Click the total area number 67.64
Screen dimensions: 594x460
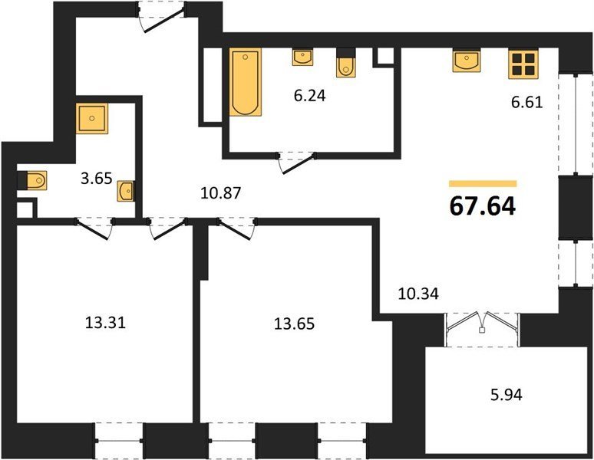click(483, 206)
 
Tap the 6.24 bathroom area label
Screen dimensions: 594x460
click(309, 96)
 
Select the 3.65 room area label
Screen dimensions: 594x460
click(97, 178)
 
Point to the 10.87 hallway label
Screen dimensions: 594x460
click(221, 193)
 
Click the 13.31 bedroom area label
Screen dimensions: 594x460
click(105, 323)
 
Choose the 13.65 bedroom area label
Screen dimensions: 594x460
click(294, 324)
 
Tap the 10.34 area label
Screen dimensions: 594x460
click(418, 293)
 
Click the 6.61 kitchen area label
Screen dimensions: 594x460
click(527, 102)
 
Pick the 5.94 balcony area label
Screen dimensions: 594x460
click(506, 395)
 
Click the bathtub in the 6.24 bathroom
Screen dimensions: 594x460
click(246, 82)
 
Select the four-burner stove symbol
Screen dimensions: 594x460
click(523, 64)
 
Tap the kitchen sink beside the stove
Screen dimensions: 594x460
click(467, 61)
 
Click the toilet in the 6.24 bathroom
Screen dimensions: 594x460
click(345, 63)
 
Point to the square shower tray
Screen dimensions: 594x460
click(91, 119)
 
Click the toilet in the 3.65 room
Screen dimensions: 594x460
click(32, 180)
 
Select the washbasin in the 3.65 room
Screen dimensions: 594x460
click(125, 192)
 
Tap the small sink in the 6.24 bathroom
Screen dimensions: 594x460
click(302, 57)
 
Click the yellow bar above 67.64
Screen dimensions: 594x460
click(483, 184)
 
